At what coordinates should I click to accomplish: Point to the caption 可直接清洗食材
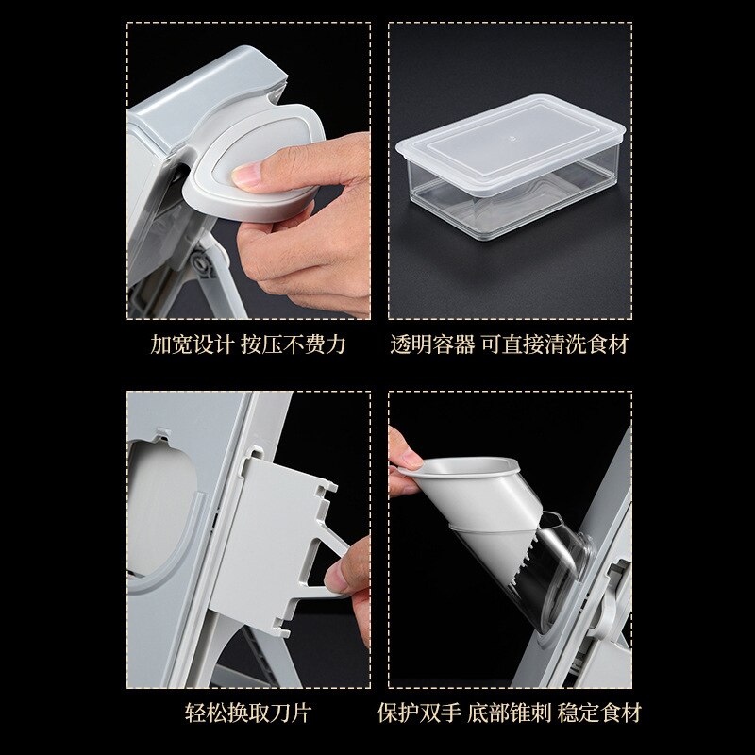click(x=555, y=344)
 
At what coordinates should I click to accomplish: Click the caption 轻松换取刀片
click(x=247, y=713)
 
